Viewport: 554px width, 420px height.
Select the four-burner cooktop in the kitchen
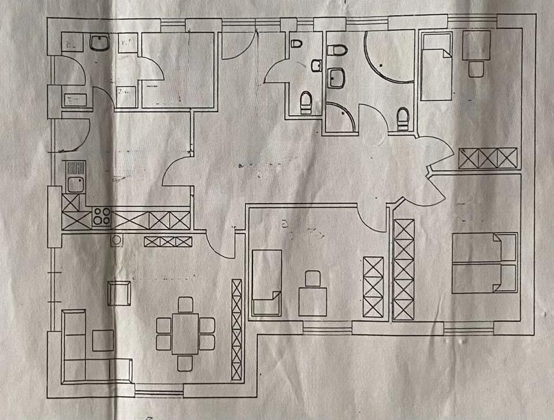102,218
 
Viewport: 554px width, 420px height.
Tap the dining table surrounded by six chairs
185,334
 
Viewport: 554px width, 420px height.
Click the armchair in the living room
119,293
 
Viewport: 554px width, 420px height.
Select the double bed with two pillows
484,263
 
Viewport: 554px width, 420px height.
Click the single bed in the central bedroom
267,283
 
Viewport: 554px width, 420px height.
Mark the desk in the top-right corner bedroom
476,45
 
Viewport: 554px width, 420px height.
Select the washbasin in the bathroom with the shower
336,77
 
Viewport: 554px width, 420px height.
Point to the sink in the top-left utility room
100,43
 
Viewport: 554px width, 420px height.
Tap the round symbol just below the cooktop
117,240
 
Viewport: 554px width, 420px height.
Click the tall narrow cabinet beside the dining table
237,329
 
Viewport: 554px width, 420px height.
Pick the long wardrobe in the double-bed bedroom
404,269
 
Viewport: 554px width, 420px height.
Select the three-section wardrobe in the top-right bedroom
488,158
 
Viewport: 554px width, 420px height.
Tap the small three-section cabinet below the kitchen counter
167,241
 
